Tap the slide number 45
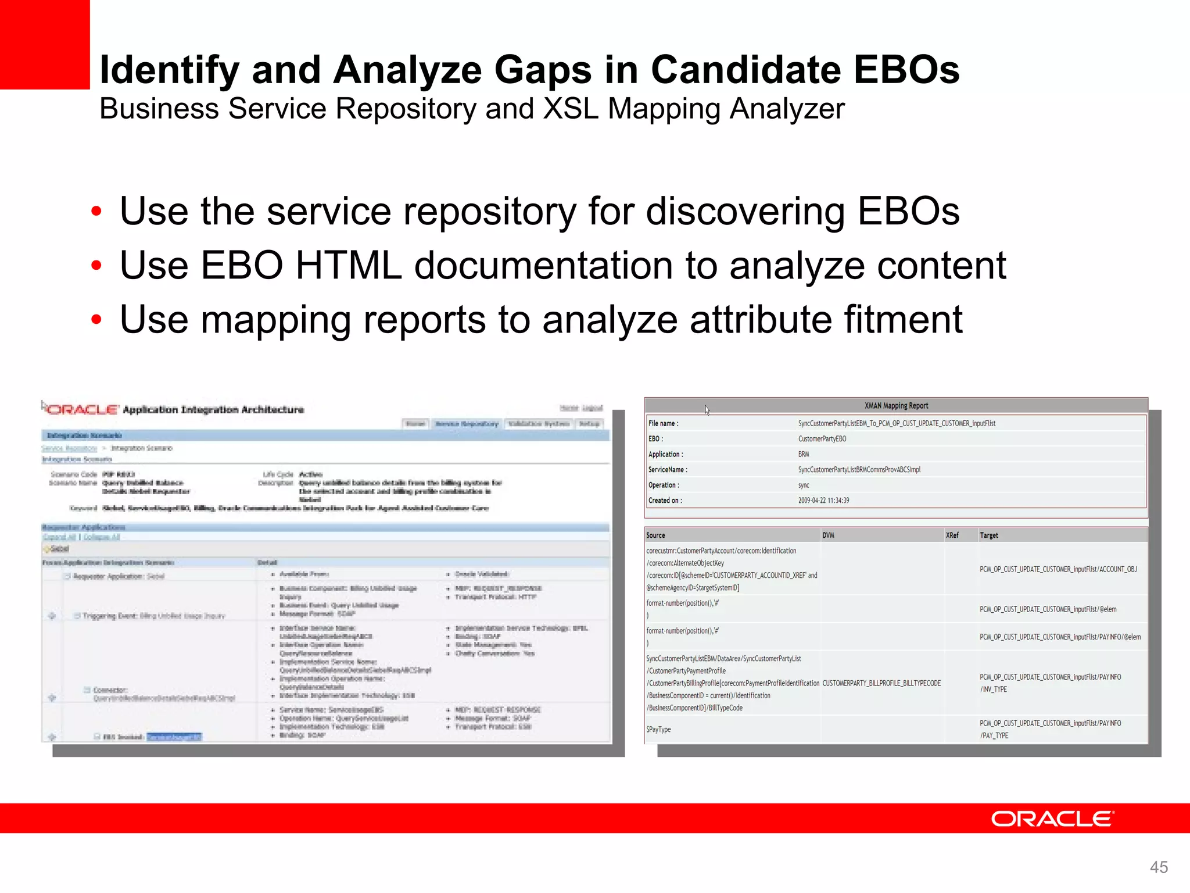click(x=1159, y=867)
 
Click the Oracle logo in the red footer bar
click(x=1052, y=819)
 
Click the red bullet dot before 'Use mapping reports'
click(x=96, y=320)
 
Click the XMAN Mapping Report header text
click(x=896, y=406)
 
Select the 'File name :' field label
click(x=664, y=423)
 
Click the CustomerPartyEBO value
click(x=822, y=439)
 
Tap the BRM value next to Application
click(x=804, y=454)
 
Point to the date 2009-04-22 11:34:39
click(x=823, y=500)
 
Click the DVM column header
click(x=828, y=535)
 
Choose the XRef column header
click(x=952, y=535)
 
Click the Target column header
click(x=989, y=535)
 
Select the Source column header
click(x=655, y=535)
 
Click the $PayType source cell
click(x=658, y=730)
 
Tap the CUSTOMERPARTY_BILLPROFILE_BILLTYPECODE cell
click(x=881, y=683)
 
